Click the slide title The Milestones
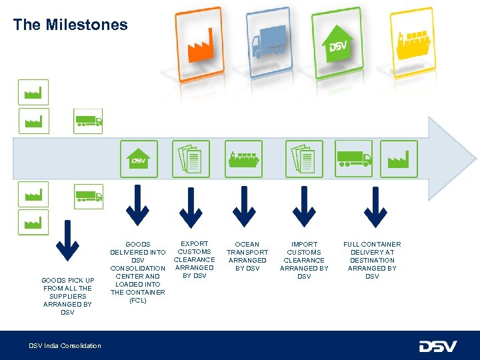[x=70, y=25]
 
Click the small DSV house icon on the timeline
[x=139, y=159]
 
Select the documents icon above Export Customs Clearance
[x=191, y=159]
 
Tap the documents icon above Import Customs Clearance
[x=304, y=159]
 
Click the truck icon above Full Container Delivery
[x=353, y=159]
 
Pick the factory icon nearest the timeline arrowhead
[x=399, y=159]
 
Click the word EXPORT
[x=195, y=244]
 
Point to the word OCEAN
[x=247, y=245]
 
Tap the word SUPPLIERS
[x=67, y=296]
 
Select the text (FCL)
[x=137, y=301]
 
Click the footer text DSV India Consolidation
[x=65, y=345]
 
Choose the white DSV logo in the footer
[x=437, y=346]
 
